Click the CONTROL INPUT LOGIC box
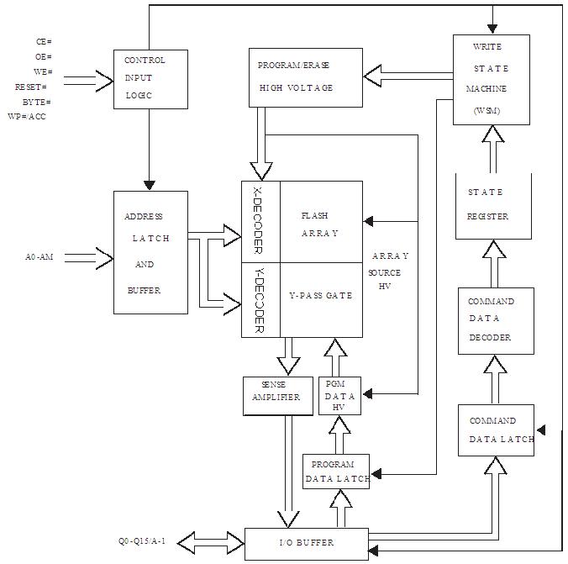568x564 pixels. click(x=150, y=79)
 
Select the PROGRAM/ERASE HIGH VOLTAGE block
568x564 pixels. click(x=306, y=77)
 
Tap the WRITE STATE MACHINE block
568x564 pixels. click(x=492, y=80)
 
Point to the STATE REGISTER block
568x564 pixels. click(x=494, y=206)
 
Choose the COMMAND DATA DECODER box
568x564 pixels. click(x=496, y=321)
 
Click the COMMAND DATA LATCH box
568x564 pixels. click(x=496, y=430)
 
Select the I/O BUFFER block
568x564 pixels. click(x=307, y=544)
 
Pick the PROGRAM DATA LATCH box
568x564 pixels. click(x=336, y=472)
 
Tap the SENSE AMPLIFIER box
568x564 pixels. click(x=278, y=396)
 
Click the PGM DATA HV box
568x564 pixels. click(x=339, y=395)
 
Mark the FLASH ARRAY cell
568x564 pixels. click(x=321, y=222)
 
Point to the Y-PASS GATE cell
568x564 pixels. click(x=321, y=300)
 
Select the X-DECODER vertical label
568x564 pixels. click(x=258, y=220)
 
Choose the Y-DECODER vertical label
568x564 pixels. click(x=259, y=300)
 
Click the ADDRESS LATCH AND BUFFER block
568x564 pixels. click(x=150, y=252)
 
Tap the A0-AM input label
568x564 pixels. click(x=39, y=257)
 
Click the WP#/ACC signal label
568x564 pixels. click(x=27, y=116)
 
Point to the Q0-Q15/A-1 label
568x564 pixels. click(x=142, y=541)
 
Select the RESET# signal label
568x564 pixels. click(x=31, y=87)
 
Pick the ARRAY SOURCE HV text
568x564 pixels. click(x=387, y=271)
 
